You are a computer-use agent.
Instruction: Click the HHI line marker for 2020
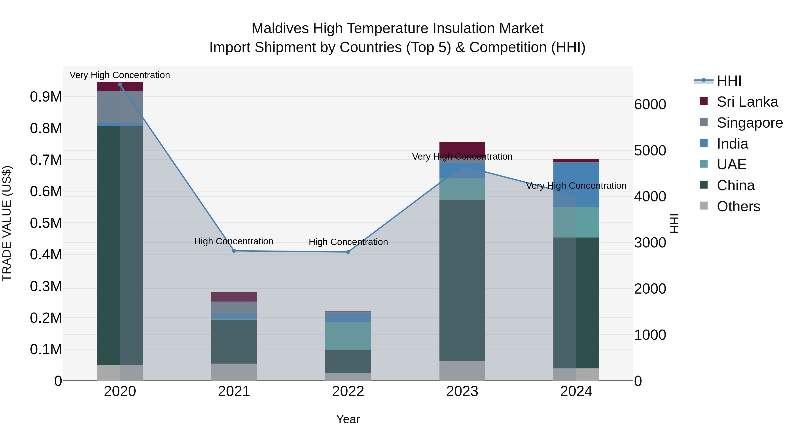[120, 85]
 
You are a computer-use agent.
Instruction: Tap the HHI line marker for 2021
[234, 251]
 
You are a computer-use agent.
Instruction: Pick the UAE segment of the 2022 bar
[348, 336]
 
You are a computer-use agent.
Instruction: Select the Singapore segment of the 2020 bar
[120, 107]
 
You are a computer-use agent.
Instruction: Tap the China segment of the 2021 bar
[234, 341]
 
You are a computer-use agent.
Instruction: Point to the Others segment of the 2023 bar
[462, 370]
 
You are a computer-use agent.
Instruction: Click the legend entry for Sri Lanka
[747, 102]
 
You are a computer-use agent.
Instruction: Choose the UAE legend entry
[731, 164]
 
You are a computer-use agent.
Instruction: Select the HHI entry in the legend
[729, 81]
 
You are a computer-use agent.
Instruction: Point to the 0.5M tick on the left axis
[46, 223]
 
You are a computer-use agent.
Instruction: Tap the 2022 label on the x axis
[348, 391]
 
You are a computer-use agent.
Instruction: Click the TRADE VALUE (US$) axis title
[7, 223]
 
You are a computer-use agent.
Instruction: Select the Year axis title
[348, 419]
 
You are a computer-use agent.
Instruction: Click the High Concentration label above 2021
[234, 241]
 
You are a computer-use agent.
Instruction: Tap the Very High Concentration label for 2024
[576, 186]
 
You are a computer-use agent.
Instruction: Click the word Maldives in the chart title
[280, 28]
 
